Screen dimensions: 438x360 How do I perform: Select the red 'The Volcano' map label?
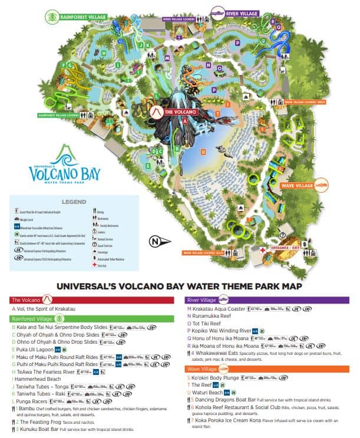point(176,111)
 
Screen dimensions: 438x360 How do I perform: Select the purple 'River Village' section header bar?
point(268,299)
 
